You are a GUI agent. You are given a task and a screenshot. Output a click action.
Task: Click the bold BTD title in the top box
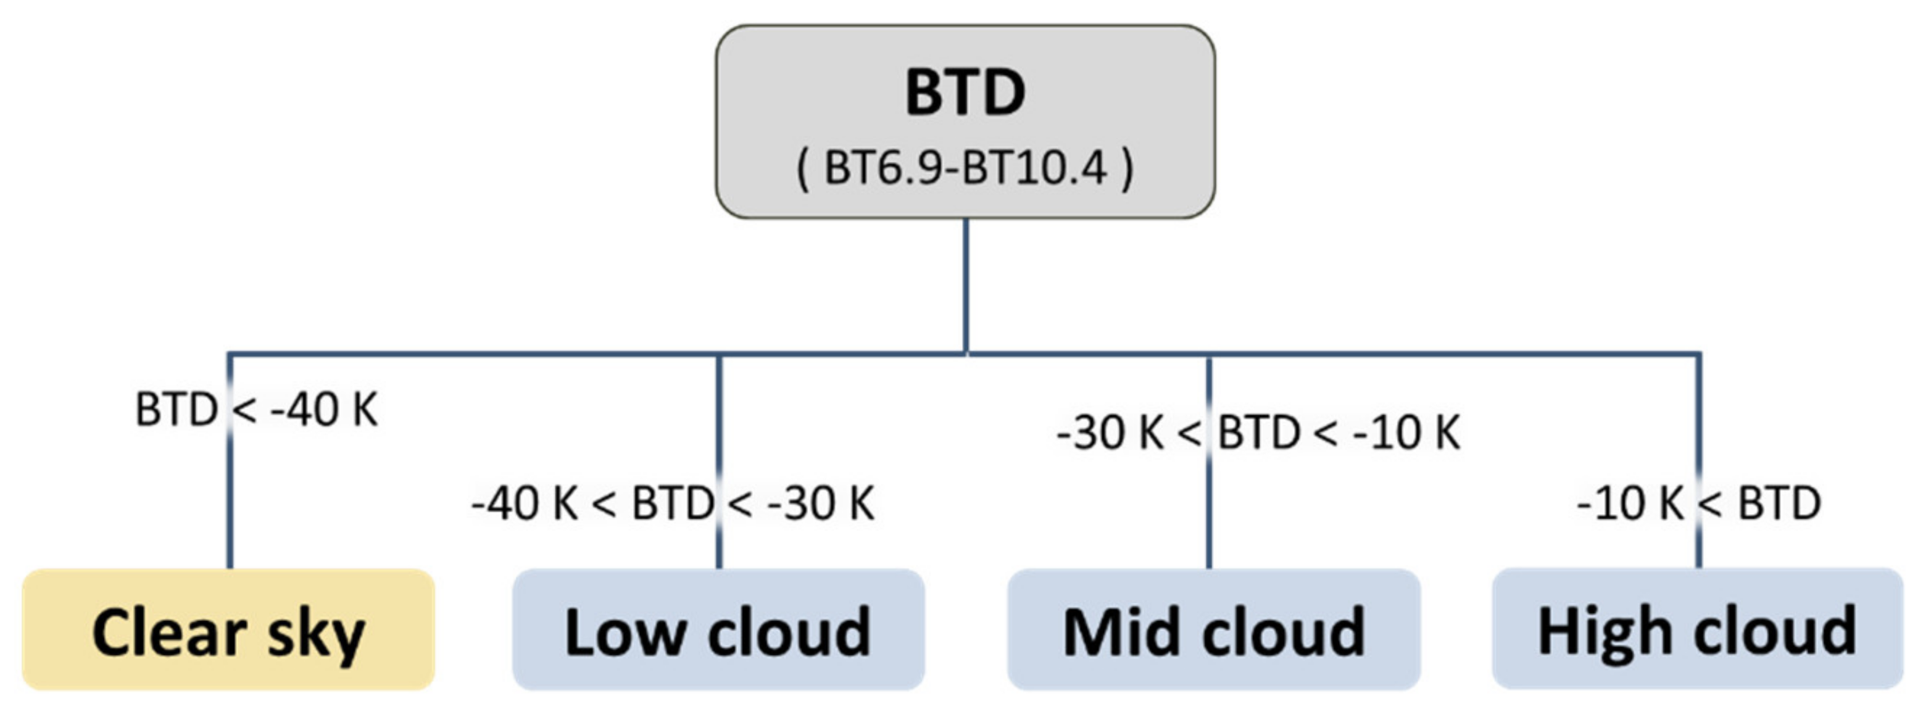965,93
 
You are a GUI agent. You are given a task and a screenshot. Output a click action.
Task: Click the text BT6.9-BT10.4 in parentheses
965,168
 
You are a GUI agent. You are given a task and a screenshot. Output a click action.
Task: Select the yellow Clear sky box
228,630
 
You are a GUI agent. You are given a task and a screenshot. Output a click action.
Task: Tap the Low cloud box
718,630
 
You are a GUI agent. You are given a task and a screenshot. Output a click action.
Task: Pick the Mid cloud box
1213,630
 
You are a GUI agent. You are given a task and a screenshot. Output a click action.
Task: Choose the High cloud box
1697,630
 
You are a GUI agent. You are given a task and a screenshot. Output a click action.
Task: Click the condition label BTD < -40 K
257,410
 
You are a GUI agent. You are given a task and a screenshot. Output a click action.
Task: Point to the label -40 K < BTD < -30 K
673,503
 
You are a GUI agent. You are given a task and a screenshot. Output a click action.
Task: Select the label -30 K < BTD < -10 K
1258,433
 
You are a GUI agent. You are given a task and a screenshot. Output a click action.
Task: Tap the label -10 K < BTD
1698,503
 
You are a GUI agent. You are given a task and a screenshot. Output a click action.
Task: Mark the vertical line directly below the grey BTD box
966,285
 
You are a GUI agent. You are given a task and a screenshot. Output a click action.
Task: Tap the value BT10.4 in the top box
1034,168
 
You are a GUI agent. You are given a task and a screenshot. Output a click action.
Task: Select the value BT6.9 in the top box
882,168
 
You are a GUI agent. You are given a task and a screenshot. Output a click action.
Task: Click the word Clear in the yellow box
170,633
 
